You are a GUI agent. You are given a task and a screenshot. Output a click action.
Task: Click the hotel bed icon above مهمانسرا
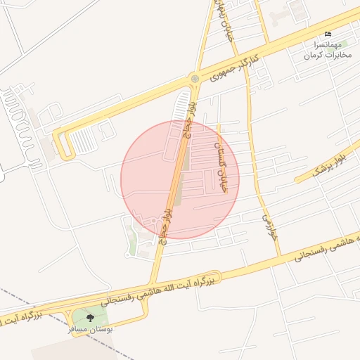328,34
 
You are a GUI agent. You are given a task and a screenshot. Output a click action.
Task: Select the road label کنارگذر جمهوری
239,63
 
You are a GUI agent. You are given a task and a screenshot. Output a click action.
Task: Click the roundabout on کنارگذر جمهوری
193,79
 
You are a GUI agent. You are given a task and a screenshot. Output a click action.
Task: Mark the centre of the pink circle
180,180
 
